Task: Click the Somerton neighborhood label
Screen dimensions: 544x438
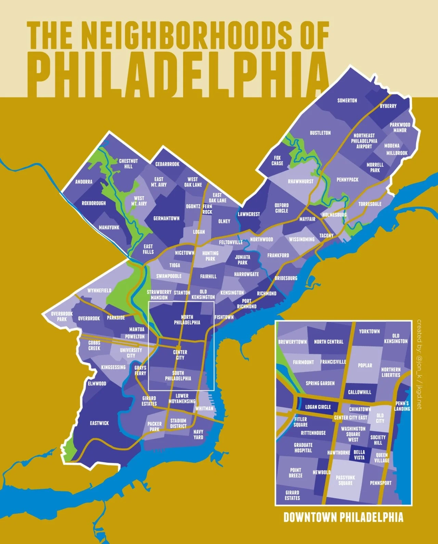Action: point(347,100)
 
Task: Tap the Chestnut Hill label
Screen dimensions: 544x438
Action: point(128,164)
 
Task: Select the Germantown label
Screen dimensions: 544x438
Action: point(166,218)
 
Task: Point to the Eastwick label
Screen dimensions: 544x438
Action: point(99,423)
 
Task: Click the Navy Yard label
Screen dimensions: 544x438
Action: point(198,434)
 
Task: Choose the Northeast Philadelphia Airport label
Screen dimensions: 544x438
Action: point(365,141)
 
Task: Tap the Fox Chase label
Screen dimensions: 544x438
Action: point(277,161)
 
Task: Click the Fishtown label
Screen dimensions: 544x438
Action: point(224,317)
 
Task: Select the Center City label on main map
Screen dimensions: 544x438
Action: point(180,355)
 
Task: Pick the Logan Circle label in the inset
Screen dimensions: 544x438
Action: point(318,407)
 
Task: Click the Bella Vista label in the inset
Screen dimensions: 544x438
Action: point(359,455)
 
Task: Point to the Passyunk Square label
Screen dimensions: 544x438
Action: point(345,480)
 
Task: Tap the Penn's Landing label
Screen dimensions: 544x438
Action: point(402,406)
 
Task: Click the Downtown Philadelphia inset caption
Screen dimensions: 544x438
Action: point(343,517)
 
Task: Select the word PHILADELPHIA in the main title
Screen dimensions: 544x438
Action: point(178,72)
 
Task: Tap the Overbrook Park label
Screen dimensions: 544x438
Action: point(62,316)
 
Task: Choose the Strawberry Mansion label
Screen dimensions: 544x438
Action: point(159,295)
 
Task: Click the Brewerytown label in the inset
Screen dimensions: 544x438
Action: point(292,342)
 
